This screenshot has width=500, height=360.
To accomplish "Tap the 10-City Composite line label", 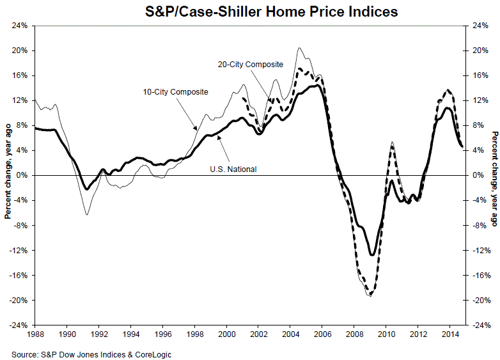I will [x=176, y=92].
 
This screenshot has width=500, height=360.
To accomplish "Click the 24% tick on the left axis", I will [x=19, y=26].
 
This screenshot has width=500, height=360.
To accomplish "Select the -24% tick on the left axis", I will [x=17, y=325].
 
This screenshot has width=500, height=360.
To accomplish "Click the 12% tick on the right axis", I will [x=478, y=101].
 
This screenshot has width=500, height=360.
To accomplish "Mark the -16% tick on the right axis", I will [x=479, y=275].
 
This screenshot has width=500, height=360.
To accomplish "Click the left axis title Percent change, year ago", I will [x=7, y=175].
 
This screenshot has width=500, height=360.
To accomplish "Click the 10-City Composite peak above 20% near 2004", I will [x=299, y=48].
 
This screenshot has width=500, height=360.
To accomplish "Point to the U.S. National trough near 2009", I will [x=371, y=255].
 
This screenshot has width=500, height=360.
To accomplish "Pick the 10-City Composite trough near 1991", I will [x=86, y=214].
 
